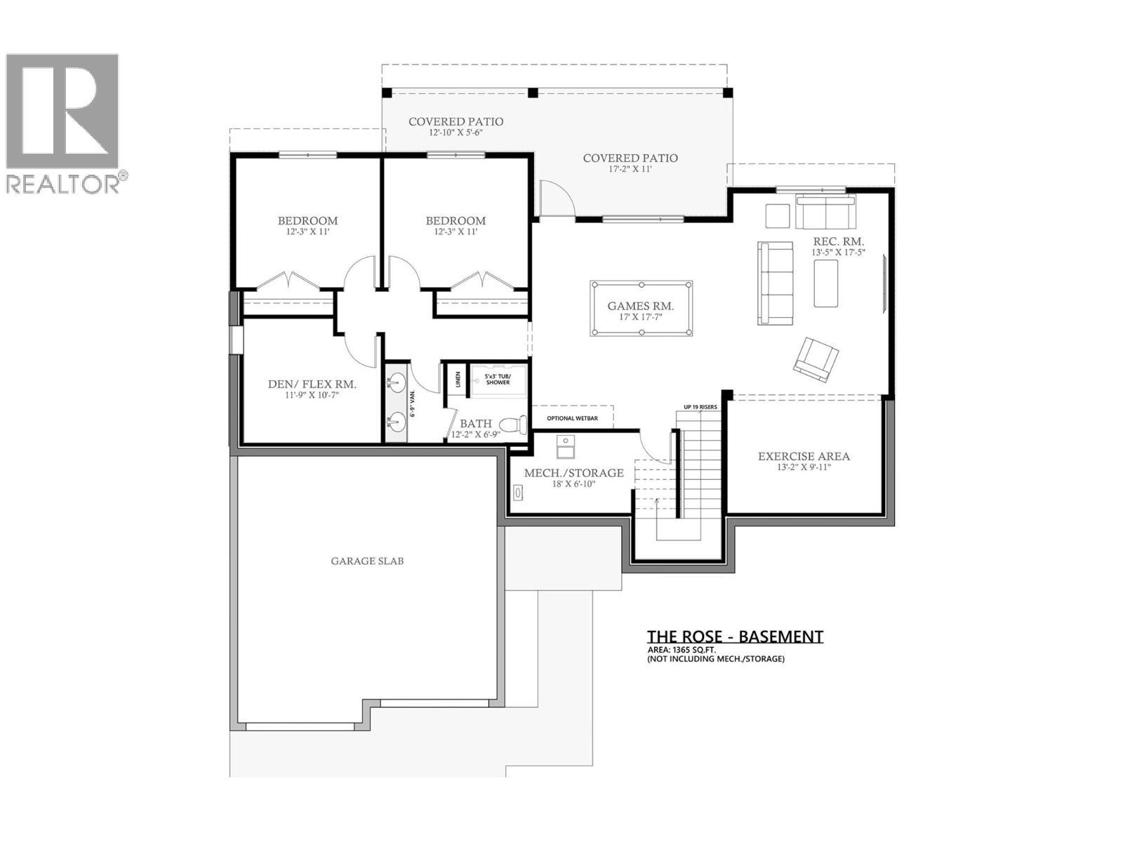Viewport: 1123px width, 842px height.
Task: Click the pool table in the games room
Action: (641, 309)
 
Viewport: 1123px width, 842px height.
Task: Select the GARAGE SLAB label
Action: (367, 561)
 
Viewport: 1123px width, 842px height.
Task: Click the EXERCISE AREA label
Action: (804, 457)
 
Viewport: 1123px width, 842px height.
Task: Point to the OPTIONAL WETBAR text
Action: (572, 418)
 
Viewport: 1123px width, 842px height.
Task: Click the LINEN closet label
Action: (458, 380)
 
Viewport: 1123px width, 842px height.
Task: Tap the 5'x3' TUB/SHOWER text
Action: (498, 379)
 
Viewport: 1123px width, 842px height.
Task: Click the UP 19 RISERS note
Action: (700, 407)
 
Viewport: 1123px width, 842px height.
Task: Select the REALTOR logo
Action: (63, 123)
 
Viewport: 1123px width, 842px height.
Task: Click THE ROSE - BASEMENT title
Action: (734, 636)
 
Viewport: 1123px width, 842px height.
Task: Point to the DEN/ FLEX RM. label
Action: (312, 385)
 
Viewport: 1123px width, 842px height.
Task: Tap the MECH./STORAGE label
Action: (573, 473)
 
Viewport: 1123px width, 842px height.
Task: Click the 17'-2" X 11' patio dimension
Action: (630, 169)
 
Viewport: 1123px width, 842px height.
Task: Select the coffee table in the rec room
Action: (825, 283)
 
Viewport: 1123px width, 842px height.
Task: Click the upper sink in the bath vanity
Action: (396, 383)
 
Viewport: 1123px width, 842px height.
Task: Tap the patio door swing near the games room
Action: (557, 198)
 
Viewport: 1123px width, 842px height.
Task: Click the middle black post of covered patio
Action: (533, 93)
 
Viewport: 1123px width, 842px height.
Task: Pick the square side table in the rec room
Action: (777, 215)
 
